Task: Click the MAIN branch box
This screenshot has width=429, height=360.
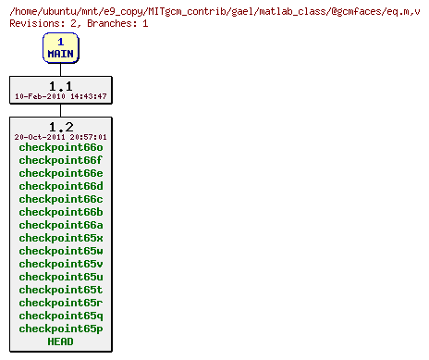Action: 60,48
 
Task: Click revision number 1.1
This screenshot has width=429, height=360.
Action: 60,85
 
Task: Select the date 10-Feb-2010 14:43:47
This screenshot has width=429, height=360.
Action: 60,96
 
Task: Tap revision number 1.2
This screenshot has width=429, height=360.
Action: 60,126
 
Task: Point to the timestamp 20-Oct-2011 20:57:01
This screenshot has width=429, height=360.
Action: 60,137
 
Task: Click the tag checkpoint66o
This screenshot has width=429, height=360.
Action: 60,147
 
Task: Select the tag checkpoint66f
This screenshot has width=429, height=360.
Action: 60,160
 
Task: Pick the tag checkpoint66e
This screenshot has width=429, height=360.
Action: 60,173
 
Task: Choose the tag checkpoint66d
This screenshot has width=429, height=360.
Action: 60,186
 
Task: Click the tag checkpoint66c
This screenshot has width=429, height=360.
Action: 60,199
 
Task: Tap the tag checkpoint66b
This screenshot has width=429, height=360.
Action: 60,212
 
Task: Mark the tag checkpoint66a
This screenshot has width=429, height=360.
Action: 60,225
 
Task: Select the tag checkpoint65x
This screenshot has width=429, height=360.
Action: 60,238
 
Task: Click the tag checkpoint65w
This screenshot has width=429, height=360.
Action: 60,251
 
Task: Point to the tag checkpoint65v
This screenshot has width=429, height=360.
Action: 60,264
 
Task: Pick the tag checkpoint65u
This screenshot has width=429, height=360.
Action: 60,277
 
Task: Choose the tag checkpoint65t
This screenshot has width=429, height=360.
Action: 60,290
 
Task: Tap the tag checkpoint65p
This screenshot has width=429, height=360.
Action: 60,329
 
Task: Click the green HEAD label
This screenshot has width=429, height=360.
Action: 60,341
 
